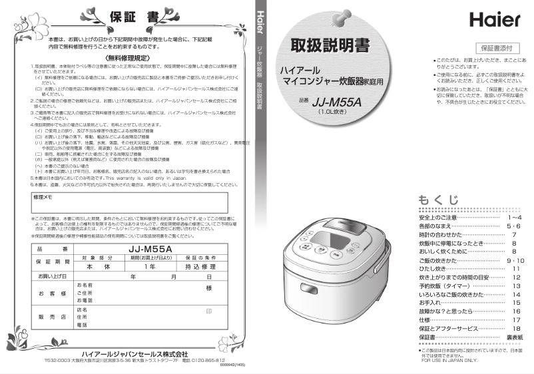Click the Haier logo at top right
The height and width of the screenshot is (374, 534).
pos(494,19)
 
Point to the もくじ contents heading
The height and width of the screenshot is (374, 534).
pos(438,200)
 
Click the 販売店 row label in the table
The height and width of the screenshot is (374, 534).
pos(52,317)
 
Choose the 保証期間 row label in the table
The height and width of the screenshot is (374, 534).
pos(52,262)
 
